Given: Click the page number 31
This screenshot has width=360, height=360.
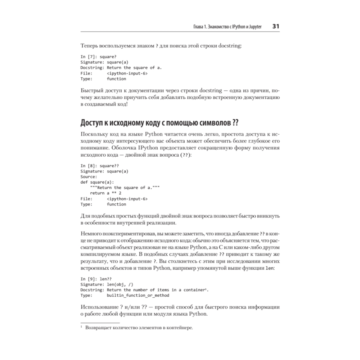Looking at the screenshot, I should pos(276,26).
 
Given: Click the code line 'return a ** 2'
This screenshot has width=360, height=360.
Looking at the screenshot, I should pos(105,193).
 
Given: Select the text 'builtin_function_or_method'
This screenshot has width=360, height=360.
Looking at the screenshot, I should pos(138,295).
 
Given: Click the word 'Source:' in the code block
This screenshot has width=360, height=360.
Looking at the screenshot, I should pos(89,177).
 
